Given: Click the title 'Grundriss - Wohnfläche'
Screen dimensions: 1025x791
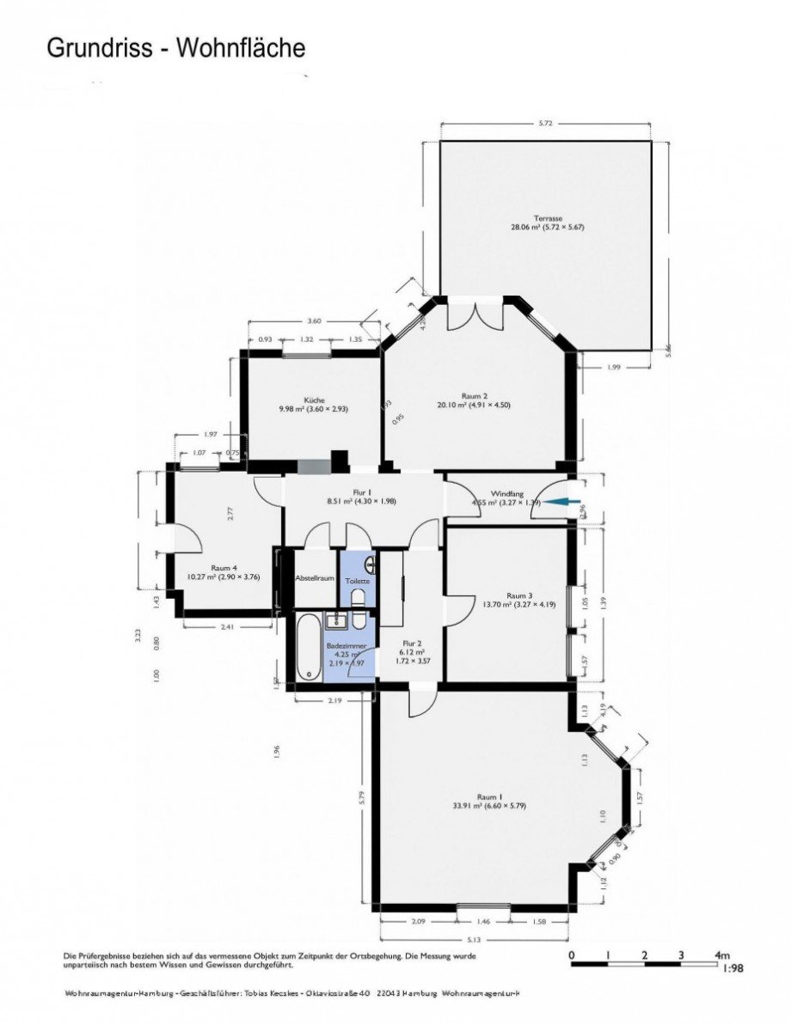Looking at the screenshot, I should (x=175, y=49).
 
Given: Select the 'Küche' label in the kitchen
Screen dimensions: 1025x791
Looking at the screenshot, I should (x=314, y=400).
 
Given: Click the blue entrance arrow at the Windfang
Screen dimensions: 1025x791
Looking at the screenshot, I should (x=564, y=503).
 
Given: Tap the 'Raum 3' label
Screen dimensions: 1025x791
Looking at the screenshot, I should (x=519, y=595).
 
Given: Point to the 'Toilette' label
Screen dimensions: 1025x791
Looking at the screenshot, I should (x=358, y=581).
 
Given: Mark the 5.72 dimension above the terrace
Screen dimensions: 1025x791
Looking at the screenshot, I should (x=544, y=124).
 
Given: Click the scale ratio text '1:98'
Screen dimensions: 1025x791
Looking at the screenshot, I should (x=733, y=967).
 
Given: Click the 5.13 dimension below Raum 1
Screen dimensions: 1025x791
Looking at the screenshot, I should (x=475, y=939).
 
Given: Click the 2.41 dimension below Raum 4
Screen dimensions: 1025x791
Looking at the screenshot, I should (x=227, y=627).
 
